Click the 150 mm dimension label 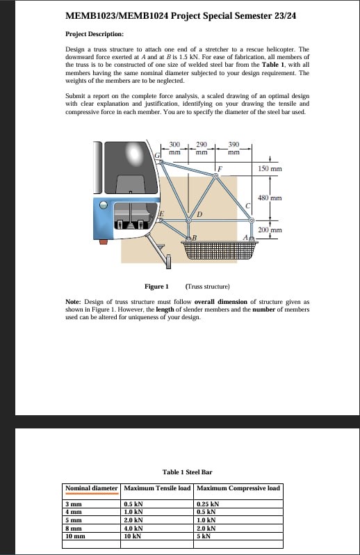point(270,168)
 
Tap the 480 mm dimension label point(270,198)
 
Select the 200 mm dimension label point(270,230)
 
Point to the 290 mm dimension point(202,148)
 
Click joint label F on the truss point(220,169)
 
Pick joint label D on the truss point(199,214)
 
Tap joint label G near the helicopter point(158,154)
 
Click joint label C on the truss point(248,206)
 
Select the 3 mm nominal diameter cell point(74,504)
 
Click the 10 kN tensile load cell point(133,536)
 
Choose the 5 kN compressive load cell point(204,536)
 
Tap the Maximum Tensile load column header point(157,488)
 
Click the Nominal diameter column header point(92,488)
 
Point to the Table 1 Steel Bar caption point(188,472)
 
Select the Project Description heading point(95,34)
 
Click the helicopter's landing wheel point(168,262)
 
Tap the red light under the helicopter point(104,242)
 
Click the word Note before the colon point(72,302)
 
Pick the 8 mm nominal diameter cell point(74,528)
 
